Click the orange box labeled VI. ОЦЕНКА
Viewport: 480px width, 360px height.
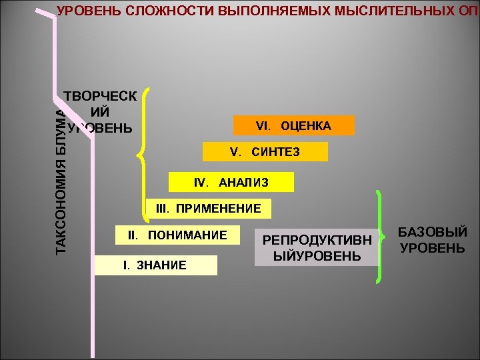tap(293, 125)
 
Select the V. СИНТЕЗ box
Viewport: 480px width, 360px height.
tap(265, 152)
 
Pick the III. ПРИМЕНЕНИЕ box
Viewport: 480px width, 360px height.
tap(208, 209)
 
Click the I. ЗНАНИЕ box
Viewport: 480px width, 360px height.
tap(156, 265)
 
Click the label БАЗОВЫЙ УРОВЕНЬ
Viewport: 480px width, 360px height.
tap(433, 240)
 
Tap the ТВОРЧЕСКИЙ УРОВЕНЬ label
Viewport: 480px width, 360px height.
tap(100, 111)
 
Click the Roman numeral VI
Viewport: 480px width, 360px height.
tap(262, 125)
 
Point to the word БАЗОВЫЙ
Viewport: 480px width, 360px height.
tap(433, 232)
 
